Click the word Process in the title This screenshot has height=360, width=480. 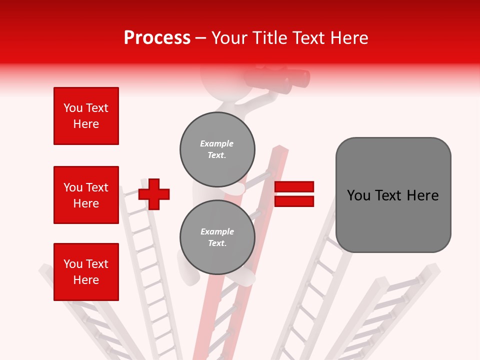click(x=157, y=38)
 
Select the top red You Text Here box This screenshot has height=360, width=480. click(x=86, y=116)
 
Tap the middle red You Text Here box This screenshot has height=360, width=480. click(x=86, y=195)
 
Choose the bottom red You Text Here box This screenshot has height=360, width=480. click(x=86, y=272)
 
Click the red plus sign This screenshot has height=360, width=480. click(x=154, y=194)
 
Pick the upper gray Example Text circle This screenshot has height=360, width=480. click(x=217, y=149)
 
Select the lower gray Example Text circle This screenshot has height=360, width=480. click(x=217, y=237)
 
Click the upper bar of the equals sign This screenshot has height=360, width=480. click(x=294, y=187)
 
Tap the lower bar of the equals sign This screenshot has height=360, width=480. click(x=294, y=201)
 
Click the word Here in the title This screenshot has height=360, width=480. click(x=350, y=38)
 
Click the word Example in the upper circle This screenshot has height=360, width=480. click(x=217, y=143)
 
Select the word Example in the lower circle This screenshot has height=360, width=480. click(x=217, y=231)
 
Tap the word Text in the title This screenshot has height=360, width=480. click(x=310, y=38)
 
